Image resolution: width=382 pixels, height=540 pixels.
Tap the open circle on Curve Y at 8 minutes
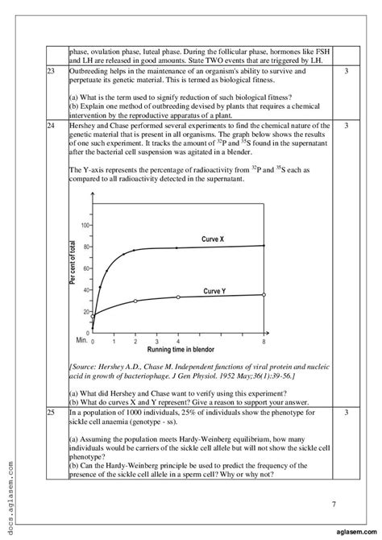(263, 295)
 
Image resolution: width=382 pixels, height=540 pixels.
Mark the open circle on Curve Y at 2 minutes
(135, 301)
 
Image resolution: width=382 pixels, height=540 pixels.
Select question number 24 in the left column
(52, 127)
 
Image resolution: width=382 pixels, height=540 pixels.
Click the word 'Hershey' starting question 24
(83, 127)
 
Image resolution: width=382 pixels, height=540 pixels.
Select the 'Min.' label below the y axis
(81, 342)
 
